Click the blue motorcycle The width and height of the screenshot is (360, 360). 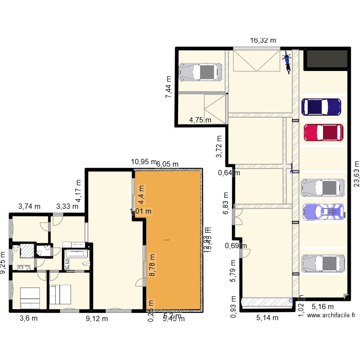click(288, 61)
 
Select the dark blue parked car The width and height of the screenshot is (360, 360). click(321, 107)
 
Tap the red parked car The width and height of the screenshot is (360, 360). click(323, 132)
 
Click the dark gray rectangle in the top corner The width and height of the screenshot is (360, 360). click(327, 58)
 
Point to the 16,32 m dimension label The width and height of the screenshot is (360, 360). click(263, 41)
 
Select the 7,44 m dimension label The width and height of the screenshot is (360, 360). click(168, 87)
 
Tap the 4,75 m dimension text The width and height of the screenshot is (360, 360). click(200, 120)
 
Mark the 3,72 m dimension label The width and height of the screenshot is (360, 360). click(219, 147)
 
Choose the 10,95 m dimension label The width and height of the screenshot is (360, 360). click(144, 162)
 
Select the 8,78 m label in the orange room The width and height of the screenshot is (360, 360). click(153, 265)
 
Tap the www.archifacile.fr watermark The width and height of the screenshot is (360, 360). click(331, 315)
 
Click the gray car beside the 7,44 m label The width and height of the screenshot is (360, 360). click(201, 72)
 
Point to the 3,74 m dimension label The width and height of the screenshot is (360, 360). click(29, 207)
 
